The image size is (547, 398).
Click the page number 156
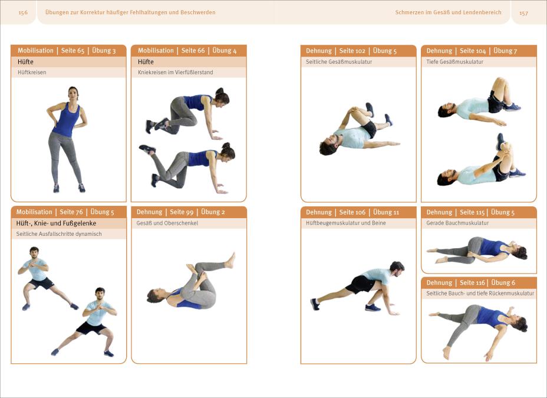23,12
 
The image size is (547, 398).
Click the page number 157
523,13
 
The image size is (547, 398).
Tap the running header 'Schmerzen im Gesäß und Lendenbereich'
449,12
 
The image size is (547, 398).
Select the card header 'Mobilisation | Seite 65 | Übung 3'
67,51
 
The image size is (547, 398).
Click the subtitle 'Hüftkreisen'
32,73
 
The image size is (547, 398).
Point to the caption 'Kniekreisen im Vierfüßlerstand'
176,73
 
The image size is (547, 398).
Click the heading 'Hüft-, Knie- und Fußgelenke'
56,223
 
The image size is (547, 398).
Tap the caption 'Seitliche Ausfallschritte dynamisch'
59,234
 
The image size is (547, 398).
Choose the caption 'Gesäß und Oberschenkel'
167,223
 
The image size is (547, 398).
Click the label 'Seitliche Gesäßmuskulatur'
339,62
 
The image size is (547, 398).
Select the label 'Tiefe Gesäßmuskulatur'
454,62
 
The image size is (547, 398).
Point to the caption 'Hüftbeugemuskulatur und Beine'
346,223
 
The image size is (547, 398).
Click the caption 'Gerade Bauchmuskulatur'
457,223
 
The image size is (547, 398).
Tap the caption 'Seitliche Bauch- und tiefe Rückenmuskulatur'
480,294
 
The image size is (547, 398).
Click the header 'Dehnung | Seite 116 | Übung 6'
470,282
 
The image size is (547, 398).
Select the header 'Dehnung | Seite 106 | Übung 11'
352,212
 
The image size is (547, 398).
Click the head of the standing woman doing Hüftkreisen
73,94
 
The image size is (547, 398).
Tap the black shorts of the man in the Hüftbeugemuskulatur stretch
360,284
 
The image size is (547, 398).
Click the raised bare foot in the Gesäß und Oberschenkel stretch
230,260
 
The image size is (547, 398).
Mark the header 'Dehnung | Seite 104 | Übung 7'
472,51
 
